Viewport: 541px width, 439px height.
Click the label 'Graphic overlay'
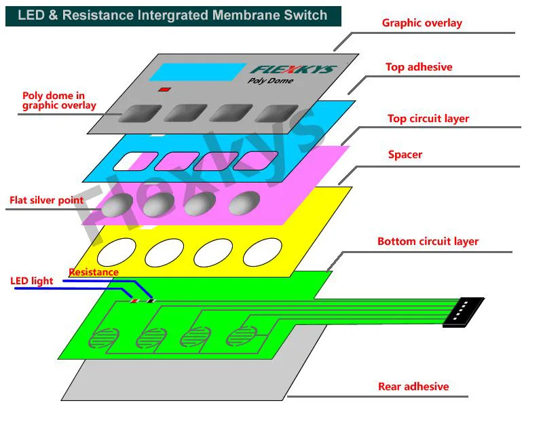[422, 23]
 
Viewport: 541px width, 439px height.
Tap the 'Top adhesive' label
[419, 67]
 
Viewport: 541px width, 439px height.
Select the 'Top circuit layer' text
[428, 119]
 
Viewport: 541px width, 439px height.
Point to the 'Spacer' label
[405, 155]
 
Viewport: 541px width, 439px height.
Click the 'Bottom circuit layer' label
[428, 242]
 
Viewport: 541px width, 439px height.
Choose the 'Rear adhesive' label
[413, 387]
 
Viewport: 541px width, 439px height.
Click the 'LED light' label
[32, 281]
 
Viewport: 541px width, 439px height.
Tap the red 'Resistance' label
[94, 272]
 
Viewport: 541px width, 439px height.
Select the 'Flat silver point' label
[47, 200]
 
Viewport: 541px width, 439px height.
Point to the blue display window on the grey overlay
[198, 72]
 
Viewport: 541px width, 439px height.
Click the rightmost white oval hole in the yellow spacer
[262, 253]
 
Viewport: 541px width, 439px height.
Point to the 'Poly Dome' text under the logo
[270, 81]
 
